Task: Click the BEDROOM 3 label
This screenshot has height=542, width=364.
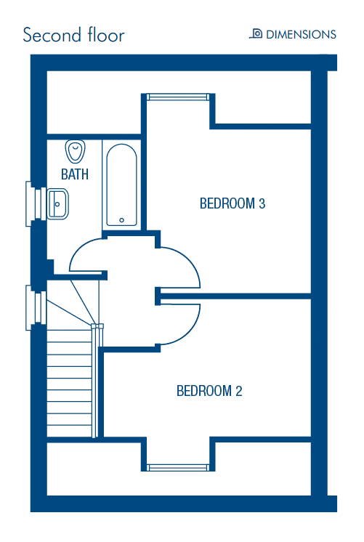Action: coord(232,203)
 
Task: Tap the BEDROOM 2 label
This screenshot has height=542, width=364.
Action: coord(209,391)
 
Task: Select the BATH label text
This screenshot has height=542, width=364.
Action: coord(75,174)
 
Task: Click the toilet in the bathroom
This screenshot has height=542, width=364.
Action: coord(75,151)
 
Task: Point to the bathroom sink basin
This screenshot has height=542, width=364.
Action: coord(57,204)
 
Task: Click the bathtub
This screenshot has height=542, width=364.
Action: coord(121,185)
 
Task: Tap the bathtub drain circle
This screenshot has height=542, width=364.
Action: coord(121,220)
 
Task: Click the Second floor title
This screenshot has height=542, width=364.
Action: coord(73,35)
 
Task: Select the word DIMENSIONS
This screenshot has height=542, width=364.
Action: coord(301,35)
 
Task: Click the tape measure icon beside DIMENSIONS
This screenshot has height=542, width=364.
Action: coord(256,33)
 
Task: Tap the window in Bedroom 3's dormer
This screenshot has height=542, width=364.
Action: coord(178,97)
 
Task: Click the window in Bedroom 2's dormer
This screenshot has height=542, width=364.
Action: coord(178,468)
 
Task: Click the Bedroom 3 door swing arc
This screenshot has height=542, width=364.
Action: coord(189,263)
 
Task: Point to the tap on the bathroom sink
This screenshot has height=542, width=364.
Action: coord(57,204)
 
